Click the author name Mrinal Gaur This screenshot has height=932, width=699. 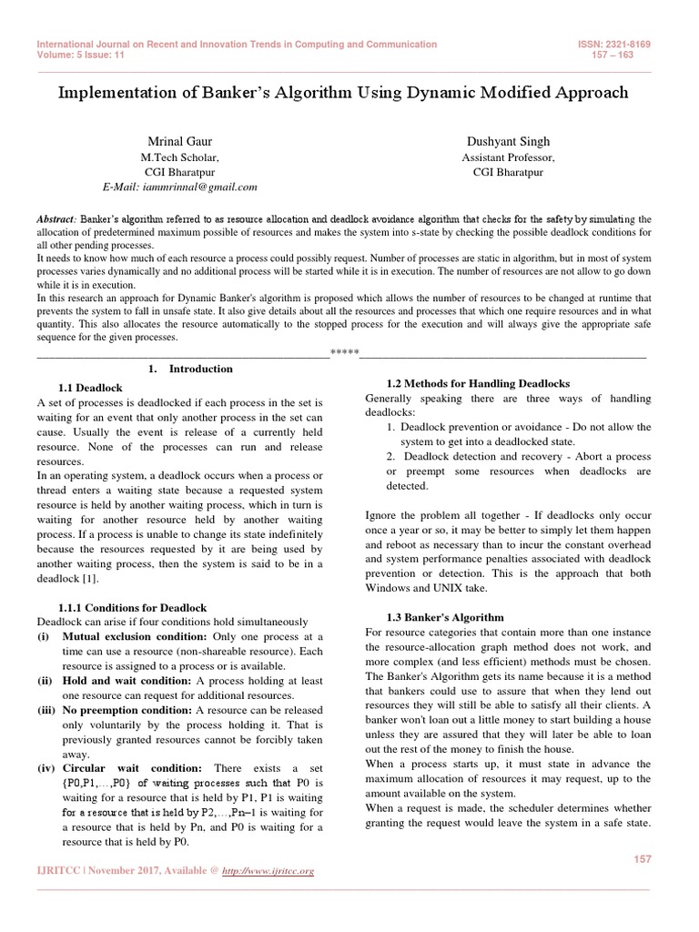[180, 142]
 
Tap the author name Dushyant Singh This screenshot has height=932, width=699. [508, 142]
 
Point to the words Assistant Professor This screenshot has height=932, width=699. [508, 157]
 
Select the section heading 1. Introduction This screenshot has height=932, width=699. [190, 369]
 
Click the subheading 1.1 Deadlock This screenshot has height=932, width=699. [90, 388]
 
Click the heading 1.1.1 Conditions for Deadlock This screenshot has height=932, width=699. [132, 607]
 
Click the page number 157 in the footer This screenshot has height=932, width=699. [640, 858]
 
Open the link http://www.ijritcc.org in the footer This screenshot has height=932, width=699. [271, 871]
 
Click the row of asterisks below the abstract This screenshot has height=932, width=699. [344, 351]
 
